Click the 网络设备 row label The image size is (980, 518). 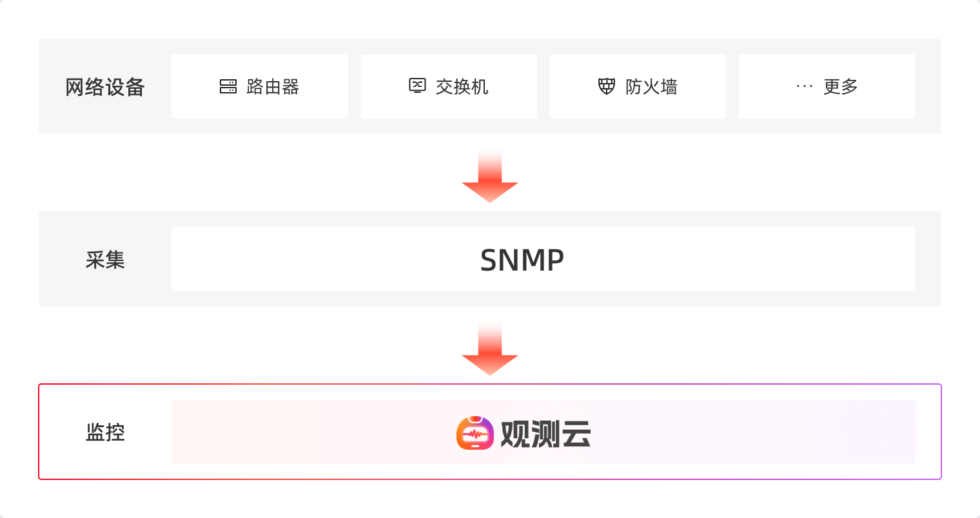coord(105,87)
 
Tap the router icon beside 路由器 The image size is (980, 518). coord(228,86)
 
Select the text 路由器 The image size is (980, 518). coord(273,87)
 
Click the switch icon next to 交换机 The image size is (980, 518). coord(418,86)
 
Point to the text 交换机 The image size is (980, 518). coord(462,87)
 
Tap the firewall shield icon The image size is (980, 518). coord(607,86)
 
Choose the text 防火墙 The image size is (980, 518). coord(651,87)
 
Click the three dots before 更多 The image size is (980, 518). coord(805,86)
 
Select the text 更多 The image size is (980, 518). coord(840,87)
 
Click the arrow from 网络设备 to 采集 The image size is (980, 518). coord(490,177)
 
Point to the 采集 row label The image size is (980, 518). coord(105,260)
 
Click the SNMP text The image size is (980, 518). coord(522,260)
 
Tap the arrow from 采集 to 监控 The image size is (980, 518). coord(490,350)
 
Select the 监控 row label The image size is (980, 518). coord(105,432)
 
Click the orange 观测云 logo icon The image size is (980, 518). coord(475,433)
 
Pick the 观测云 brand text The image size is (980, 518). coord(545,434)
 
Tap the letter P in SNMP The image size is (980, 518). coord(555,260)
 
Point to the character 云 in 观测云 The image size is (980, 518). coord(576,434)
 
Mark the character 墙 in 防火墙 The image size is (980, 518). coord(669,87)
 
